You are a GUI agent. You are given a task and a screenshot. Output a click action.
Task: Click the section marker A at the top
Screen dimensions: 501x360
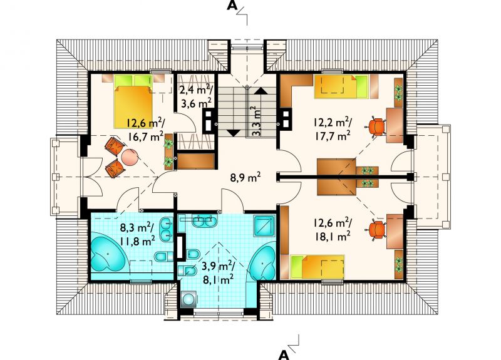[232, 6]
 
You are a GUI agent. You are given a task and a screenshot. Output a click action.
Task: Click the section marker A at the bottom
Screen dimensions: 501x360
[284, 354]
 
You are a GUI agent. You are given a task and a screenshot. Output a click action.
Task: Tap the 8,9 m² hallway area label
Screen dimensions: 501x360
[245, 177]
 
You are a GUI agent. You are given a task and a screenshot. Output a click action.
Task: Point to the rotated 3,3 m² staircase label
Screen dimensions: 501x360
[256, 121]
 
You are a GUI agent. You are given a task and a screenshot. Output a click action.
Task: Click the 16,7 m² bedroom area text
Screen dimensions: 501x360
[147, 136]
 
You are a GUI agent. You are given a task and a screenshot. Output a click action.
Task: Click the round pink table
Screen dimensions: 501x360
[130, 158]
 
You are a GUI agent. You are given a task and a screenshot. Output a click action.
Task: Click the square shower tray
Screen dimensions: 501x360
[264, 226]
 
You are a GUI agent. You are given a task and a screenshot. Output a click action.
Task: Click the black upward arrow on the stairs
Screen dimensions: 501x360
[261, 91]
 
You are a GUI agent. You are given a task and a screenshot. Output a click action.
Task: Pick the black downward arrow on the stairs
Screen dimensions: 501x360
[234, 133]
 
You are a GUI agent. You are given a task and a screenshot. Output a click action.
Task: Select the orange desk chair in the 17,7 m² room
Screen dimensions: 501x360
[376, 127]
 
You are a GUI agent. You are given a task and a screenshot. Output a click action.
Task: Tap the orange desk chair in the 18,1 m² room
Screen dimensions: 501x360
[376, 229]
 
